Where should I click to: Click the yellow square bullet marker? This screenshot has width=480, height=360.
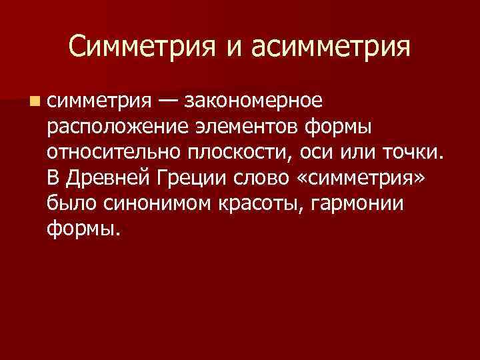(33, 101)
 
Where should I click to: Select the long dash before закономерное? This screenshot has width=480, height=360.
(168, 101)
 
